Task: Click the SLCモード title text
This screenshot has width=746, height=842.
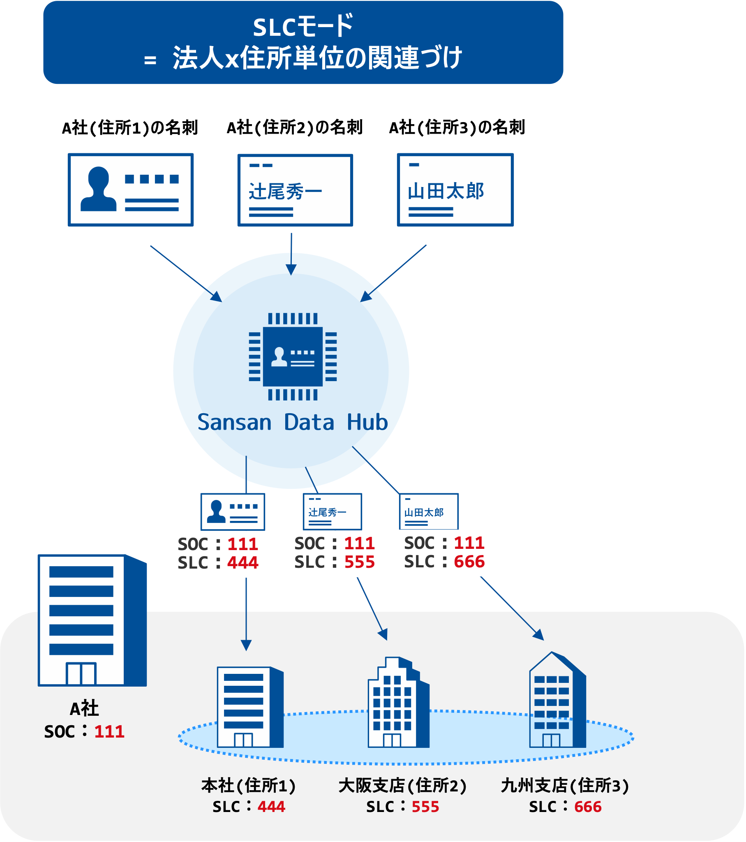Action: [x=303, y=27]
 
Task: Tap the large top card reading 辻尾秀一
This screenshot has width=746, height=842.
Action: [x=295, y=190]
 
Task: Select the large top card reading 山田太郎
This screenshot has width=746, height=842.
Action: [x=455, y=190]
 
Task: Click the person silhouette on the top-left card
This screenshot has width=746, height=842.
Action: [x=99, y=189]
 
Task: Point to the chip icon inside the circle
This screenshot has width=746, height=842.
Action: [x=293, y=356]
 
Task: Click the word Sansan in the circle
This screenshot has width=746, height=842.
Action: [x=234, y=422]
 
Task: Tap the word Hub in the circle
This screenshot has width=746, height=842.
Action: [x=367, y=422]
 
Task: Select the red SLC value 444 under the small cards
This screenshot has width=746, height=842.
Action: [x=243, y=563]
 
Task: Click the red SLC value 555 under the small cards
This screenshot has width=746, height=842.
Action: [x=360, y=562]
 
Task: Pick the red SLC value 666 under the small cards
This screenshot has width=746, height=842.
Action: [x=469, y=562]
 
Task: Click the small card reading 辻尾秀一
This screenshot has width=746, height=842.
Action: [x=332, y=511]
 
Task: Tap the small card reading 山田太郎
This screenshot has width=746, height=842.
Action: [x=428, y=511]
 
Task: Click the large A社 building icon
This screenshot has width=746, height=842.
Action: [x=92, y=620]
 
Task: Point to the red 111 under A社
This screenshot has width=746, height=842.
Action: [x=109, y=731]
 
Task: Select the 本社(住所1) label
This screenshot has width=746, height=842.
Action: [x=248, y=786]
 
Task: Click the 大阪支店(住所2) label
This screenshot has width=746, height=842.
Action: [x=402, y=786]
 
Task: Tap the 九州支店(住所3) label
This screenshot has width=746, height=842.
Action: [x=565, y=786]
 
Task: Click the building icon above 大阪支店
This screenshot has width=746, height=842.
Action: [x=398, y=702]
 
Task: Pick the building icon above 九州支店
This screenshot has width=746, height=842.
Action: [x=557, y=700]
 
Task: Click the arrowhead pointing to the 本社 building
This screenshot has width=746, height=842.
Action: [x=246, y=645]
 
